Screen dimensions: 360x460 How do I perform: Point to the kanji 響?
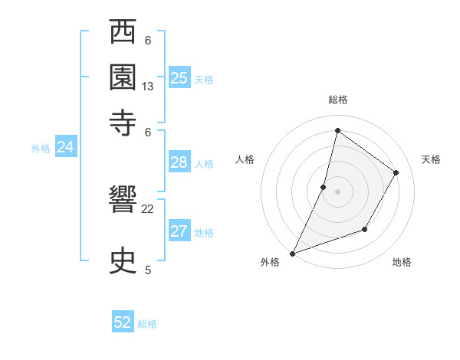click(124, 203)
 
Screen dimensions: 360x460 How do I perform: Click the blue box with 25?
click(179, 77)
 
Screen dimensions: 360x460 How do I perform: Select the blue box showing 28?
click(179, 162)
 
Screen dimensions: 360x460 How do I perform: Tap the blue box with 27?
click(179, 231)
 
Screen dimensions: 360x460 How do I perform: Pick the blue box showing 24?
click(66, 147)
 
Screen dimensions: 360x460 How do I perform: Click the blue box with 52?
click(123, 322)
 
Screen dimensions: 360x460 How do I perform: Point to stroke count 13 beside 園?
click(148, 87)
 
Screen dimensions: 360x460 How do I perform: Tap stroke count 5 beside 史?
click(148, 269)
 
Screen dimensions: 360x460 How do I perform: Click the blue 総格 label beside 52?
click(147, 324)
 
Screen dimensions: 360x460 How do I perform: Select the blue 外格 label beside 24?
click(41, 149)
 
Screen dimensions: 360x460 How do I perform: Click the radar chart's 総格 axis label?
click(337, 100)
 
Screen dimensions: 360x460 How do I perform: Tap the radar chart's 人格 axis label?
click(245, 159)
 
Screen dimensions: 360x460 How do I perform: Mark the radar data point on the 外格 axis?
click(292, 253)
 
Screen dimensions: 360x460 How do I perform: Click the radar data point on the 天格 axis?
click(396, 172)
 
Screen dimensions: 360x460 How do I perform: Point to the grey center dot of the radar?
click(337, 191)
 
